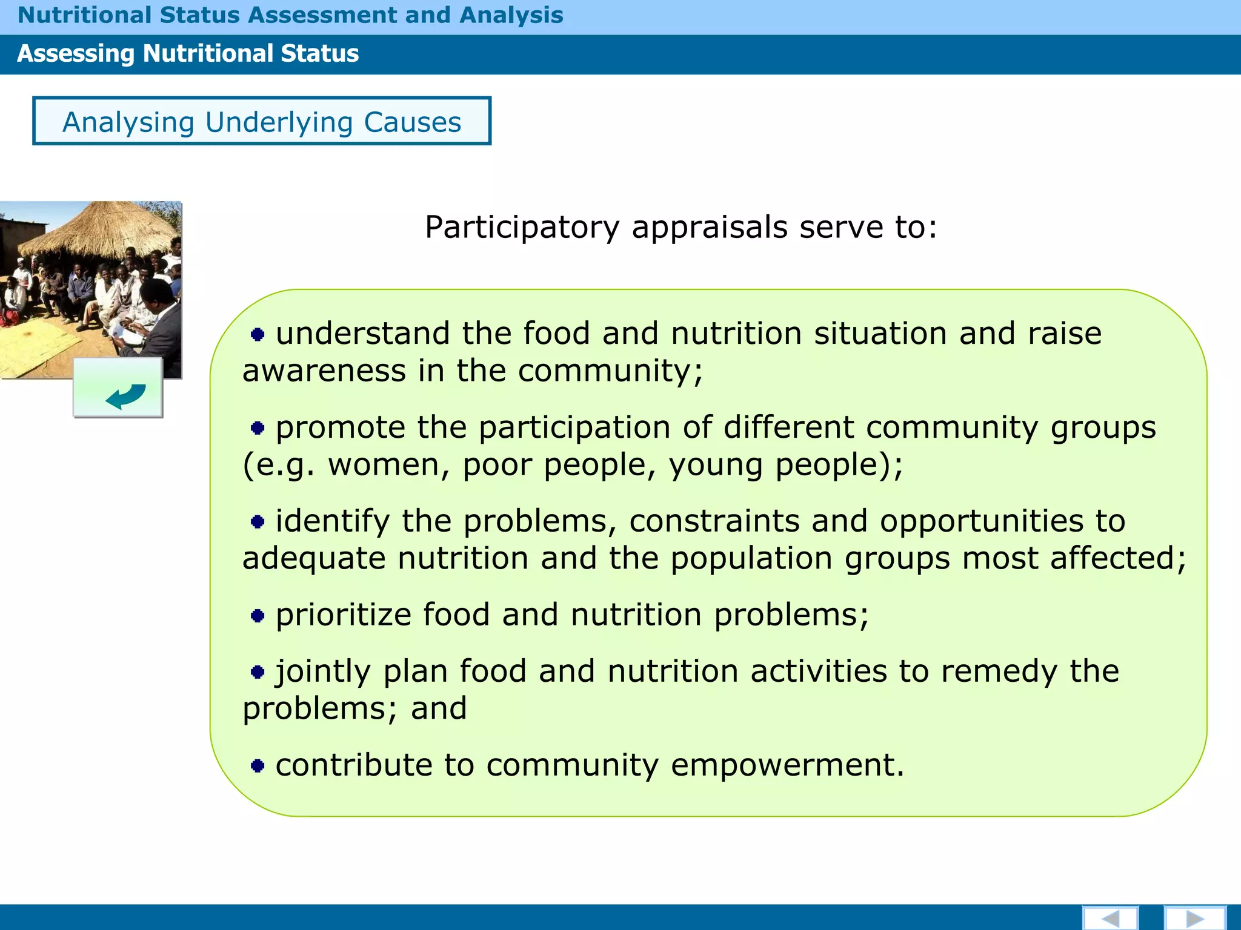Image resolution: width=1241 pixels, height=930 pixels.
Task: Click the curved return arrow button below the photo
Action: (119, 388)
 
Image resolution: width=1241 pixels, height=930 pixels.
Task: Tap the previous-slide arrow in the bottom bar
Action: (1110, 918)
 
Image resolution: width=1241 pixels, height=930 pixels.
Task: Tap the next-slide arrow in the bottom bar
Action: (1194, 918)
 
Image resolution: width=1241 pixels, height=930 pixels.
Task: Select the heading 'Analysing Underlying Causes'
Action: (262, 122)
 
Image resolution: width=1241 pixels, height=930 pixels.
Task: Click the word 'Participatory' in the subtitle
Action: (522, 228)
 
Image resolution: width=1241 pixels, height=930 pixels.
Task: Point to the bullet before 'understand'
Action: (258, 334)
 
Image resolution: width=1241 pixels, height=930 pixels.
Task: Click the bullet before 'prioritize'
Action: (258, 616)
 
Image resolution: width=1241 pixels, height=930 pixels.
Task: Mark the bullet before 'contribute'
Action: (258, 766)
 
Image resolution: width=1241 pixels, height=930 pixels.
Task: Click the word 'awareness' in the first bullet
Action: (324, 371)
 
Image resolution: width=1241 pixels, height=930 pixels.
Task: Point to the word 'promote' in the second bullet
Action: (341, 427)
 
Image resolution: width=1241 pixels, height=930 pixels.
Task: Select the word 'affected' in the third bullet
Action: (1118, 558)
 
